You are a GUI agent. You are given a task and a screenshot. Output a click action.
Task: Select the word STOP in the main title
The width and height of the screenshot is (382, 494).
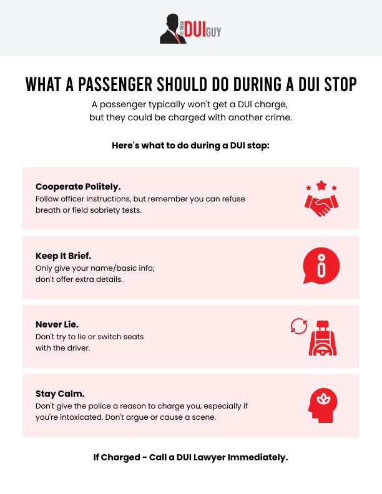tap(336, 85)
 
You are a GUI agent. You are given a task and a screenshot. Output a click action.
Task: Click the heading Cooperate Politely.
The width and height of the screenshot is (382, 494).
tap(78, 186)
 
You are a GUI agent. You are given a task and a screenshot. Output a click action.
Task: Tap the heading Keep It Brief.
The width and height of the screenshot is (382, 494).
tap(64, 256)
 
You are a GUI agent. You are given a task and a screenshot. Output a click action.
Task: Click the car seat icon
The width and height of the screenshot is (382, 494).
tap(323, 337)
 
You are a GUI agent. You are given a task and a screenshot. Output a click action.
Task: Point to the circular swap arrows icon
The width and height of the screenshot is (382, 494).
tap(299, 326)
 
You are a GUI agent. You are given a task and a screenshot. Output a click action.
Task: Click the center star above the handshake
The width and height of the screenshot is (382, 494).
tap(321, 185)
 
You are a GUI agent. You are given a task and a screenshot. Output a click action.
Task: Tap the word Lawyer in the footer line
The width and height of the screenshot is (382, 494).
tap(202, 457)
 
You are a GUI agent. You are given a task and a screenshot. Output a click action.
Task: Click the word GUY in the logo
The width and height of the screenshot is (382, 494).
tap(214, 32)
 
